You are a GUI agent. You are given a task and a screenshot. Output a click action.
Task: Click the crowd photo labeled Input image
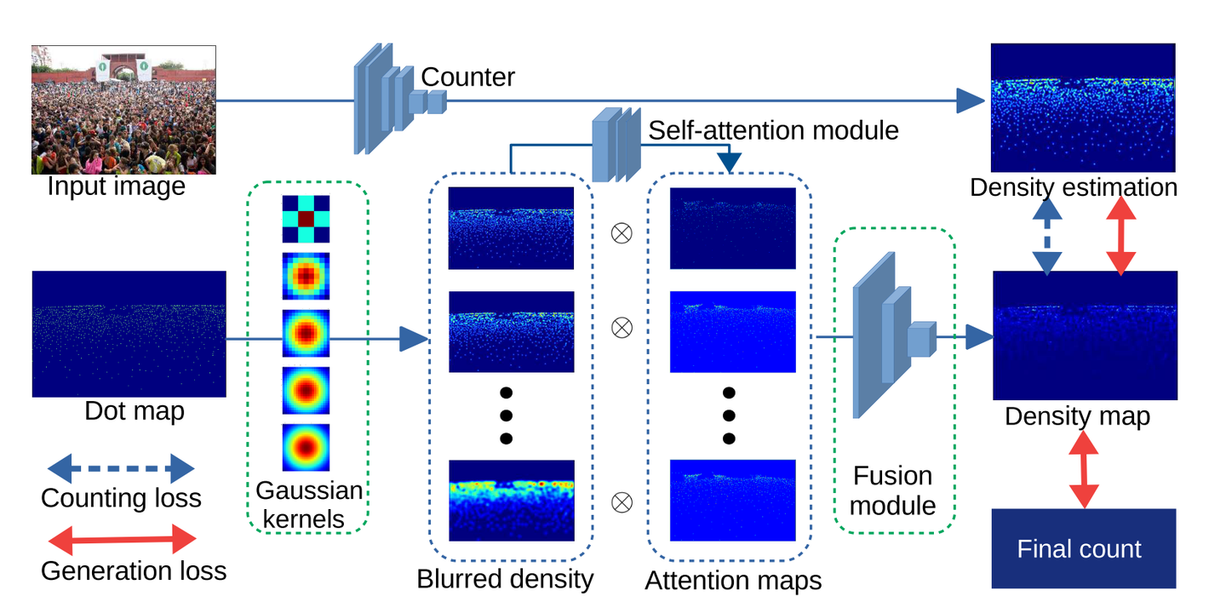click(123, 109)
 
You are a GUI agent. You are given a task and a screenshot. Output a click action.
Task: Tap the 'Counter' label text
click(467, 77)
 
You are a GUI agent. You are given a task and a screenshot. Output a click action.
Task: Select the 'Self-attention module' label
click(773, 130)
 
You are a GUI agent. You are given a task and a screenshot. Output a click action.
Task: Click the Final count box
click(1083, 549)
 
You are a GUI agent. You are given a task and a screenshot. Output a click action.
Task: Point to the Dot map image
click(129, 334)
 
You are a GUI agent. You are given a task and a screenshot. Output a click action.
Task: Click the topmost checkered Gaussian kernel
click(306, 219)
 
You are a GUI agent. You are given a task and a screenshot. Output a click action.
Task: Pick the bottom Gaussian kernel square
click(306, 448)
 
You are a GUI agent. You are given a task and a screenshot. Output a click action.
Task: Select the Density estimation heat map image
click(1081, 108)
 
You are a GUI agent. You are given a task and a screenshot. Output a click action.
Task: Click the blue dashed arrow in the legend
click(121, 468)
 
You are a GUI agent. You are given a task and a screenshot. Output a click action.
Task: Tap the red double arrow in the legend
click(121, 539)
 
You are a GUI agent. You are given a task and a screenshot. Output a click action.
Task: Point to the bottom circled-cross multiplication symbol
click(622, 501)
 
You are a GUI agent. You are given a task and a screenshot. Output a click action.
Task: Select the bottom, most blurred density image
click(512, 501)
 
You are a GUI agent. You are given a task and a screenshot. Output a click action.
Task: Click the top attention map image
click(733, 228)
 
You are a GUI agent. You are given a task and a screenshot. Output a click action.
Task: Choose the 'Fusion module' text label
click(892, 490)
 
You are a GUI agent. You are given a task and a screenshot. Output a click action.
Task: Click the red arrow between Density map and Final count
click(1083, 470)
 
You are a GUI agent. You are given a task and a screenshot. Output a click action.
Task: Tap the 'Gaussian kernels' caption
click(309, 505)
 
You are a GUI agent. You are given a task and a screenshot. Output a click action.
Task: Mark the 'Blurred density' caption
click(504, 579)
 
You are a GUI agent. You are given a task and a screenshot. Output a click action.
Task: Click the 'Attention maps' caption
click(733, 580)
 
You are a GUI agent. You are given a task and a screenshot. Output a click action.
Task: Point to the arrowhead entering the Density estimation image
click(971, 100)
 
